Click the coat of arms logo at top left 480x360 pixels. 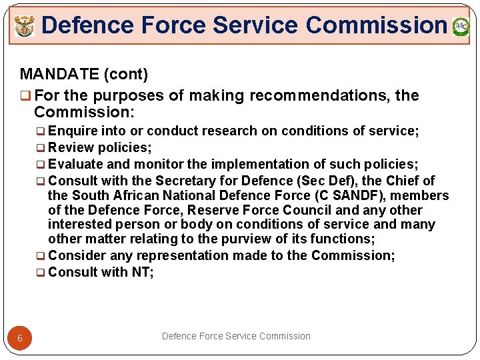25,27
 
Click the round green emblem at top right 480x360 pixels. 461,27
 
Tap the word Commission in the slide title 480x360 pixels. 376,25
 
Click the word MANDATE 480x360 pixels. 57,73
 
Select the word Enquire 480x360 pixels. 73,131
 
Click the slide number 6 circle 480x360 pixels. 20,338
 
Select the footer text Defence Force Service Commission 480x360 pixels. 236,336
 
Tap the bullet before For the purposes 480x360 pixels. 25,96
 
